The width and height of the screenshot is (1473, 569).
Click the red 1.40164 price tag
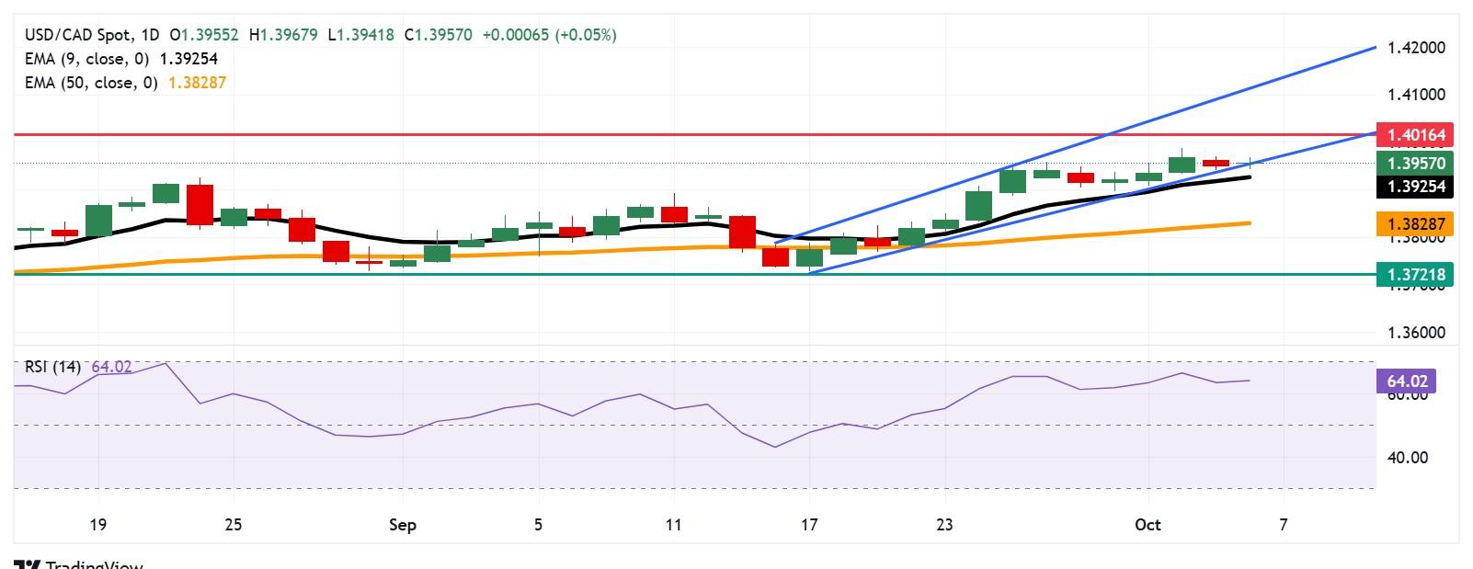coord(1416,135)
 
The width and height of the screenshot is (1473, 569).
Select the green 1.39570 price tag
coord(1416,164)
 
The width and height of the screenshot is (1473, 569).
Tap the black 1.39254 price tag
coord(1416,187)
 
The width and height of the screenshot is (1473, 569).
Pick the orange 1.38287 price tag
coord(1416,223)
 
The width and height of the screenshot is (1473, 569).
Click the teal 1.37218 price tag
coord(1416,274)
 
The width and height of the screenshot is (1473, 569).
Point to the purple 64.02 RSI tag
coord(1405,381)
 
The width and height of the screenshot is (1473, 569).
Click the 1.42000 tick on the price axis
coord(1416,48)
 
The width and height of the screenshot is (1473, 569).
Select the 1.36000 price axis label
coord(1416,333)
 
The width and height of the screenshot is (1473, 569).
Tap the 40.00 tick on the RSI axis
coord(1407,457)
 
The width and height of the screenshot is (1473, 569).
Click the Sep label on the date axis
coord(403,525)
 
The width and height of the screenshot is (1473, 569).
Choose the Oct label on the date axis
coord(1148,525)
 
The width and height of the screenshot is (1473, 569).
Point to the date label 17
coord(809,525)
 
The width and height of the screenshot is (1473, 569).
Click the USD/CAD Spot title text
coord(77,35)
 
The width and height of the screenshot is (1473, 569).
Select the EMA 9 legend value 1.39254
coord(188,59)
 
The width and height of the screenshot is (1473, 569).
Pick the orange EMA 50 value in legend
coord(197,83)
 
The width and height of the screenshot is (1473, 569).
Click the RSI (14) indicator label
coord(52,367)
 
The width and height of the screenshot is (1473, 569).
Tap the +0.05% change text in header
coord(586,35)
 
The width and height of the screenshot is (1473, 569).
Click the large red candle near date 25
coord(200,204)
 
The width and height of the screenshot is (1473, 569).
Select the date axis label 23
coord(944,525)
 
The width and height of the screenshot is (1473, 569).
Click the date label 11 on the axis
coord(673,525)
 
